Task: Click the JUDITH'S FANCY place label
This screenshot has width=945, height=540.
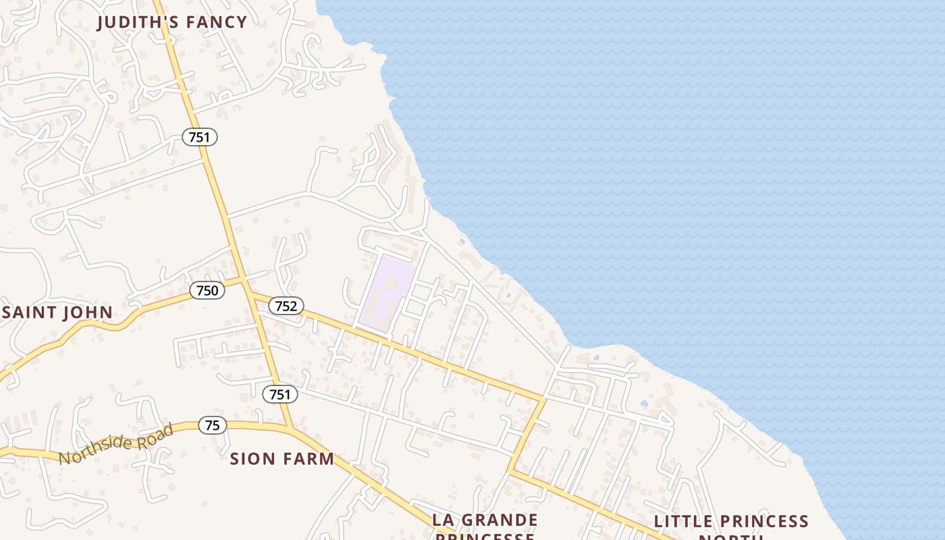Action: coord(172,22)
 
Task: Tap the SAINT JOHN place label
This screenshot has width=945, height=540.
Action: coord(57,313)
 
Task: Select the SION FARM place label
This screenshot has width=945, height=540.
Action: coord(282,459)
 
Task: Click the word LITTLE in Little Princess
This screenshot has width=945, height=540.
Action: coord(682,522)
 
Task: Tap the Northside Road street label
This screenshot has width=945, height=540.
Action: coord(115,444)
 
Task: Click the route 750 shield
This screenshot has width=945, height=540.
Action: coord(207,290)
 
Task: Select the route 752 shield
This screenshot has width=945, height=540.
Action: coord(286,306)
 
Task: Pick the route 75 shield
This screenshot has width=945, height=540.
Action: coord(212,425)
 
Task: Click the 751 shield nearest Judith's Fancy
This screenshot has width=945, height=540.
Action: coord(200,137)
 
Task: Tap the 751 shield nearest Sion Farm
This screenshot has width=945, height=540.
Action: coord(279,394)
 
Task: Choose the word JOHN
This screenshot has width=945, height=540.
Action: coord(88,313)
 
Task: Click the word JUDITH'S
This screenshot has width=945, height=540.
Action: coord(138,22)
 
